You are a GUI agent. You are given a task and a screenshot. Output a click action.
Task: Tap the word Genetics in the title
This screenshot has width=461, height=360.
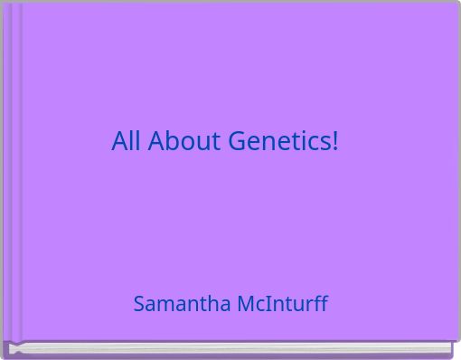pyautogui.click(x=279, y=141)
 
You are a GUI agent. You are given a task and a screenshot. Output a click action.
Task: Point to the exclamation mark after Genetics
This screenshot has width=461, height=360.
pyautogui.click(x=335, y=141)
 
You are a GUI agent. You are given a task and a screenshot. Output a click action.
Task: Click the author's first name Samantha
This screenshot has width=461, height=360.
pyautogui.click(x=182, y=304)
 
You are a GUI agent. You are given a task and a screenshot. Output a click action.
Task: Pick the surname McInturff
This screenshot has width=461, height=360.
pyautogui.click(x=282, y=304)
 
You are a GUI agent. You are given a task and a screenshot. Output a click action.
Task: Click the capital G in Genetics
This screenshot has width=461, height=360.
pyautogui.click(x=237, y=141)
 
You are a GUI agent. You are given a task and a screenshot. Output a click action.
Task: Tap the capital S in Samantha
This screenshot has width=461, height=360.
pyautogui.click(x=139, y=304)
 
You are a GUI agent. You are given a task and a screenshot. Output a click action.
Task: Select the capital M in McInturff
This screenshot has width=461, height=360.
pyautogui.click(x=245, y=304)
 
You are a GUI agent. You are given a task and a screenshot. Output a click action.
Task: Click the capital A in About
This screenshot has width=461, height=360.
pyautogui.click(x=155, y=141)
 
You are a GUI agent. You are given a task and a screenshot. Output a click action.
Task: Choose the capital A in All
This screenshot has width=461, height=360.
pyautogui.click(x=119, y=141)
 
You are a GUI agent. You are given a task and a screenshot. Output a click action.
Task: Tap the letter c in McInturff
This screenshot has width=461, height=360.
pyautogui.click(x=259, y=305)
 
